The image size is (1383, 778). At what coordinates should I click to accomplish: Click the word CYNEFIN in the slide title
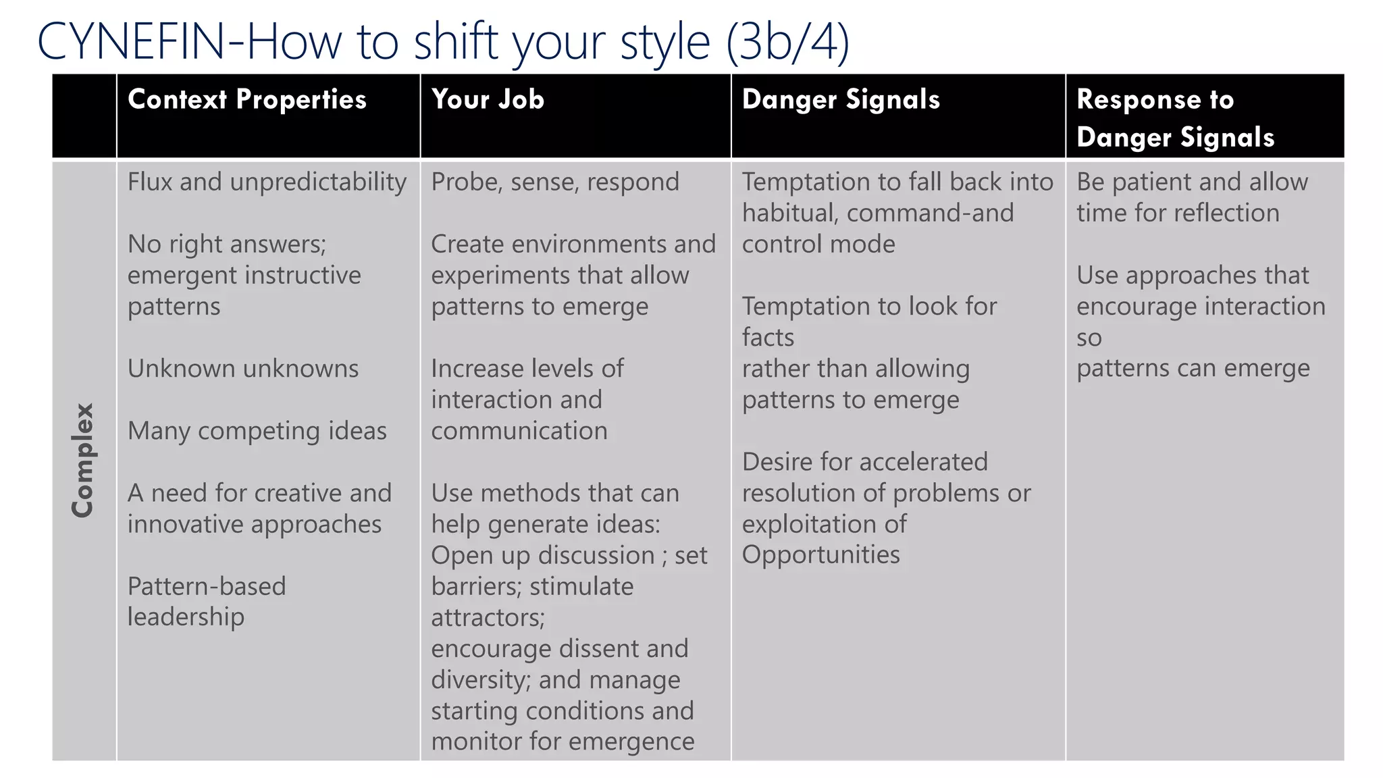coord(132,42)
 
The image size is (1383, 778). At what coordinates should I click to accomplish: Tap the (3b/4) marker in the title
coord(787,42)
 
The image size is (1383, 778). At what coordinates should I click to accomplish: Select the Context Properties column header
coord(246,100)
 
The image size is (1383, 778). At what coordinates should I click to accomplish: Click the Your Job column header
coord(488,100)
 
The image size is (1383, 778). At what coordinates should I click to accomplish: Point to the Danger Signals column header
coord(841,100)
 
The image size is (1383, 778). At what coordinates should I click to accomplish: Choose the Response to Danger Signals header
coord(1175,118)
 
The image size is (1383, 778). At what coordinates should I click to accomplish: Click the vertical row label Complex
coord(83,461)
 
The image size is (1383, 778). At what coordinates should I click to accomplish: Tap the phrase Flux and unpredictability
coord(267,182)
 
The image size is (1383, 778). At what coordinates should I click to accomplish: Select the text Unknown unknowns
coord(243,369)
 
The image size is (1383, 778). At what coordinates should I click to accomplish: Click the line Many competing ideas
coord(257,431)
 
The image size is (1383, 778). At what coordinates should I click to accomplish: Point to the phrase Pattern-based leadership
coord(206,601)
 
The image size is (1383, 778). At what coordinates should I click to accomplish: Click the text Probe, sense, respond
coord(554,182)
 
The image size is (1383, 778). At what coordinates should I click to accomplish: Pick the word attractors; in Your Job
coord(488,617)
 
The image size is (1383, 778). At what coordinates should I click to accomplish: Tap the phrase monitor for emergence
coord(563,742)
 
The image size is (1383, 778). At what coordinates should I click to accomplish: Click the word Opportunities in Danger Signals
coord(820,555)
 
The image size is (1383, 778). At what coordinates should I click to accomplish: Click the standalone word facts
coord(768,338)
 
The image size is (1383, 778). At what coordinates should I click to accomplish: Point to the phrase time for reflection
coord(1178,213)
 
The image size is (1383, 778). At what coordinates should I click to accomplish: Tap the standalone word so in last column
coord(1089,338)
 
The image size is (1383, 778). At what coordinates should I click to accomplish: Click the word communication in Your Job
coord(519,431)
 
